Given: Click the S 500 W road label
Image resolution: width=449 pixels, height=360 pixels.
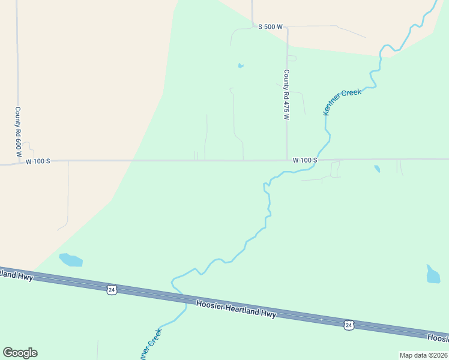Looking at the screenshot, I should point(270,26).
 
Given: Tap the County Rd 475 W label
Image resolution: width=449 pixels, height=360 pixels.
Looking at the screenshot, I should point(286,94).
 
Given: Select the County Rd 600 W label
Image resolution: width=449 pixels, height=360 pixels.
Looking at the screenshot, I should point(18,128).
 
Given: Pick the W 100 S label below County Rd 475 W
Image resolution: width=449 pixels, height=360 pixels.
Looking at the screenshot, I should point(304,160).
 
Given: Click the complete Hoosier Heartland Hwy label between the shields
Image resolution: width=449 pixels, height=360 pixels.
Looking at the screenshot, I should point(236,306).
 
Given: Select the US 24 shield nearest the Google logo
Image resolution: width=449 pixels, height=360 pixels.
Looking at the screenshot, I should point(111,290).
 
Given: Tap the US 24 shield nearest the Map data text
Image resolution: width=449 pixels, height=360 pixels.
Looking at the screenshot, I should point(349,325).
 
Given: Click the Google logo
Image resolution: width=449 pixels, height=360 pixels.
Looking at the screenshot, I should point(20,353).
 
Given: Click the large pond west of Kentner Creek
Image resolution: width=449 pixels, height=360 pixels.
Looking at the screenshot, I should point(70,260).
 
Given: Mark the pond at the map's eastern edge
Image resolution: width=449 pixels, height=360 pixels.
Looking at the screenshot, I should point(433,274).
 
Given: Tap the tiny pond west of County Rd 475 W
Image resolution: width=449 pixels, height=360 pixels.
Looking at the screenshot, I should point(241,65).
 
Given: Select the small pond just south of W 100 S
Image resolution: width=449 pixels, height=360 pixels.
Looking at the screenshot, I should point(377,169).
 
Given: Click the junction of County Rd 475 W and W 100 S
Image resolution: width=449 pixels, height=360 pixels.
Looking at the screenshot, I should point(287,160).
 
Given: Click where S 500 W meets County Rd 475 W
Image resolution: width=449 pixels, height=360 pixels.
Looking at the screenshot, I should point(287,27).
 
